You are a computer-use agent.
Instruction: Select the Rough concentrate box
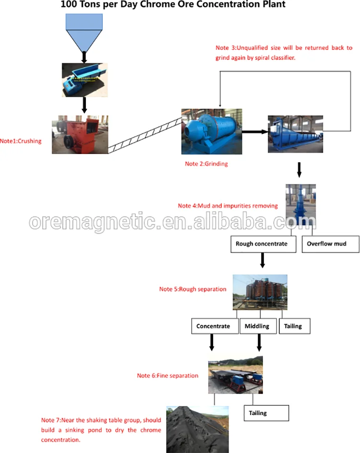point(262,244)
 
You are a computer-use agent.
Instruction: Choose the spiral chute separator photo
point(260,292)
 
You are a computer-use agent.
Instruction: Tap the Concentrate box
point(213,326)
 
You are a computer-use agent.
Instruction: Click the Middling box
point(257,326)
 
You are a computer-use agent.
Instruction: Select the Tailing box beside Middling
point(293,326)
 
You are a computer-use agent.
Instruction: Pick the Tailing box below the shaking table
point(266,413)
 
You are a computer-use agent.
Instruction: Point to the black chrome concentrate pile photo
point(197,429)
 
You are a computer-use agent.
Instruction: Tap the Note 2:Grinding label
point(206,164)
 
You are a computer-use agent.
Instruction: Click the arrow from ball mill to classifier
point(254,131)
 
